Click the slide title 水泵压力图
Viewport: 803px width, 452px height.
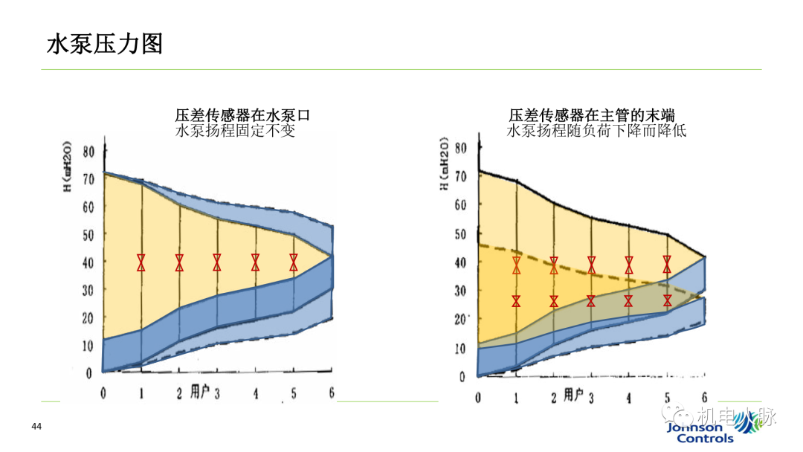click(x=105, y=44)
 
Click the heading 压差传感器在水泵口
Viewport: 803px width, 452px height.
click(x=242, y=115)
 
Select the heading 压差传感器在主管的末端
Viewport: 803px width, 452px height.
click(x=592, y=115)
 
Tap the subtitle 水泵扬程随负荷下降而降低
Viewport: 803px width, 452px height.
click(x=596, y=131)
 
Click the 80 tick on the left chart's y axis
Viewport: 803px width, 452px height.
click(x=88, y=152)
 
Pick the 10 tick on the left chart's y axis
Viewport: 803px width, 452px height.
click(x=88, y=345)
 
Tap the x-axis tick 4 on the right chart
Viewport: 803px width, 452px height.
click(x=629, y=397)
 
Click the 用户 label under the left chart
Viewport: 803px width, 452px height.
click(x=200, y=392)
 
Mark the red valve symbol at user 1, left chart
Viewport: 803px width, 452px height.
click(x=141, y=262)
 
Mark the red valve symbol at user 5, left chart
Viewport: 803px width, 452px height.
click(x=294, y=262)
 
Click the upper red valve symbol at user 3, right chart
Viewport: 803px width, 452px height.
click(x=592, y=265)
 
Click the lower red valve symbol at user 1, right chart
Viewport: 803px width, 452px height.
click(x=516, y=301)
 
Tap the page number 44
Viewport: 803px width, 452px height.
click(x=36, y=426)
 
